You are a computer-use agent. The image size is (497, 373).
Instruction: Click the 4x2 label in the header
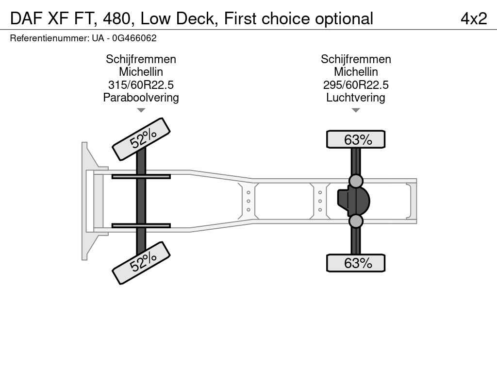point(473,18)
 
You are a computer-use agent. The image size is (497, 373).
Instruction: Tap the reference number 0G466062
point(134,38)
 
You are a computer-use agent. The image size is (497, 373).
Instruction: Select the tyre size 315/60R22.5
point(141,85)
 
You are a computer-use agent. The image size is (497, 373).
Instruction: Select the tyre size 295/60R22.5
point(356,85)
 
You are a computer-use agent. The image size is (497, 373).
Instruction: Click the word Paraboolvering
point(141,98)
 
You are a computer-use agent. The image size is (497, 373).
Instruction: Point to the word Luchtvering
point(356,98)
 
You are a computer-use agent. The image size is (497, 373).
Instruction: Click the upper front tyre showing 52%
point(141,139)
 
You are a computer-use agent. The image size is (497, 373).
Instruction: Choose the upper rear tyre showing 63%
point(356,139)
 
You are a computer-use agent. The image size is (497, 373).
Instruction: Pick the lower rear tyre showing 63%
point(356,263)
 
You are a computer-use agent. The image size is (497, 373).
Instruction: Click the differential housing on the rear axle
point(354,201)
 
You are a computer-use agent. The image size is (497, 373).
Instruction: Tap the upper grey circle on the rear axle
point(356,181)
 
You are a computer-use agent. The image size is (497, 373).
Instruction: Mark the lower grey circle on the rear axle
point(356,221)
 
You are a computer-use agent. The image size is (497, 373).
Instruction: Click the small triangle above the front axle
point(141,110)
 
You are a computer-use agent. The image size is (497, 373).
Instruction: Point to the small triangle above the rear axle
point(356,110)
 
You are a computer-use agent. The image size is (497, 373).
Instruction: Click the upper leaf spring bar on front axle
point(141,176)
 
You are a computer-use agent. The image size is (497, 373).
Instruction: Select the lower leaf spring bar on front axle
point(141,225)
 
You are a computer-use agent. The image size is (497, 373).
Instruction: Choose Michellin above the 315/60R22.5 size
point(141,72)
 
